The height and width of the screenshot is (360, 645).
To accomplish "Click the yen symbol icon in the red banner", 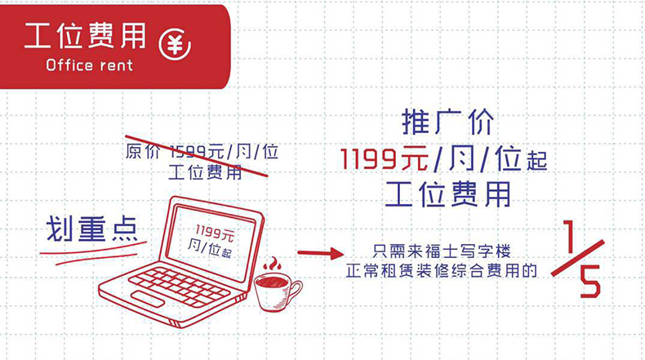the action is point(175,44).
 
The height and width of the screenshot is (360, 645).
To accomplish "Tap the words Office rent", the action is point(90,65).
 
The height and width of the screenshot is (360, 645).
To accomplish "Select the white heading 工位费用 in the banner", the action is point(85,36).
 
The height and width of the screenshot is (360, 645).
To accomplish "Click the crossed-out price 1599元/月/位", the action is point(225,152).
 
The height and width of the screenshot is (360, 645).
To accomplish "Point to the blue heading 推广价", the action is point(447,122).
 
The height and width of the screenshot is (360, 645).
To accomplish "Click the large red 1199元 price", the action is point(385,159).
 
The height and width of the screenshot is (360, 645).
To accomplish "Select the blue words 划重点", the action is point(91,229).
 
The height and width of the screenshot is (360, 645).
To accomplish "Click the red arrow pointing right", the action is point(320,253).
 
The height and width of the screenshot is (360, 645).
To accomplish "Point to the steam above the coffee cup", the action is point(272,264).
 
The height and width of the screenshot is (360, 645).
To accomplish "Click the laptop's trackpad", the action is point(148,299).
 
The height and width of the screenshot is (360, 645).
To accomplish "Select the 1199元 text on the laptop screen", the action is point(214,233).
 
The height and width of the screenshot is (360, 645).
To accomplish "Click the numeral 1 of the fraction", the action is point(569,236).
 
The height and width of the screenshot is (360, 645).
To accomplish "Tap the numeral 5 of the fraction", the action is point(589,282).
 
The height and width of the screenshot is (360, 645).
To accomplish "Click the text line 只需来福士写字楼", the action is point(442,251).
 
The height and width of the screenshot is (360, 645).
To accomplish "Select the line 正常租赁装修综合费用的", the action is point(442,271).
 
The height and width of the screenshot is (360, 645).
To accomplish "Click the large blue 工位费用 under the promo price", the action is point(448,193).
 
